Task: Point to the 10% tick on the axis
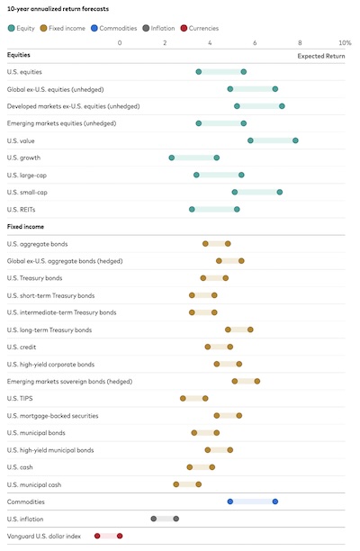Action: pyautogui.click(x=345, y=42)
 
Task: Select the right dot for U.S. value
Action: pyautogui.click(x=295, y=140)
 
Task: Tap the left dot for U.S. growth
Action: pyautogui.click(x=172, y=158)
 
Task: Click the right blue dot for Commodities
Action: pyautogui.click(x=275, y=501)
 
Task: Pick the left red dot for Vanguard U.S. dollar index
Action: pyautogui.click(x=97, y=536)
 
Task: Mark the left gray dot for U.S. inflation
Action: pyautogui.click(x=154, y=519)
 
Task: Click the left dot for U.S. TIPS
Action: pyautogui.click(x=183, y=398)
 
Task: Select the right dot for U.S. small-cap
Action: pyautogui.click(x=280, y=192)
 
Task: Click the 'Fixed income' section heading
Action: pyautogui.click(x=25, y=227)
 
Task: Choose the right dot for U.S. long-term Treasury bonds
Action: pyautogui.click(x=250, y=330)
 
